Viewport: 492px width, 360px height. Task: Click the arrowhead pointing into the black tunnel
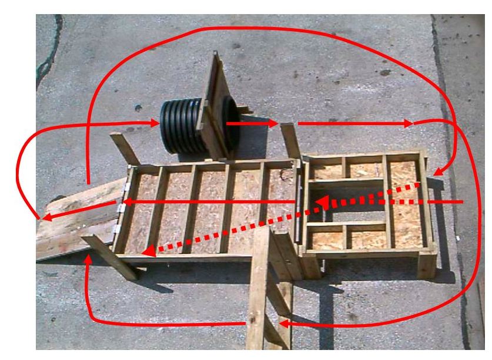tap(155, 123)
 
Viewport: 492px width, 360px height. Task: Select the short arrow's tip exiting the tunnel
tap(273, 124)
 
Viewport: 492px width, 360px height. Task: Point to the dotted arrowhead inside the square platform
tap(318, 204)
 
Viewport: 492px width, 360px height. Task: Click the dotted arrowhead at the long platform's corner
tap(148, 252)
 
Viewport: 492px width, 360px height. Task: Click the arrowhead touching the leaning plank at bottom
tap(283, 323)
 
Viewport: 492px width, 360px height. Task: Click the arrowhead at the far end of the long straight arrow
tap(408, 124)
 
